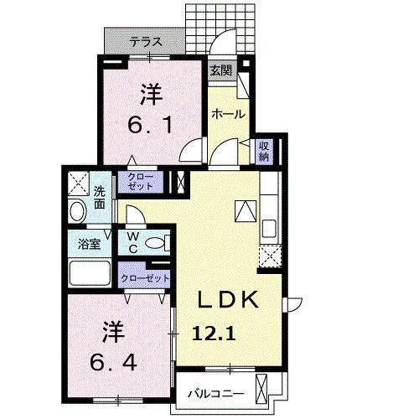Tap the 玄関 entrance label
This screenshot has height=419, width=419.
(220, 71)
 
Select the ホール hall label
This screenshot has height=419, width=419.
(228, 113)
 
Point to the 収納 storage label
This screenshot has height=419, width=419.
(264, 150)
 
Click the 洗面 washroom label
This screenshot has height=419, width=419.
(100, 196)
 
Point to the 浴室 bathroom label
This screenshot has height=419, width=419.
(89, 245)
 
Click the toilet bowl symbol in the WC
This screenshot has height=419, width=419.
(155, 244)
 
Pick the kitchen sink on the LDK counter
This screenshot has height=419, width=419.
(269, 227)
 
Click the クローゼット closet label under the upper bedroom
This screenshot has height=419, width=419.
(142, 182)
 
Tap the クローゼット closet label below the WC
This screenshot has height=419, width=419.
(145, 278)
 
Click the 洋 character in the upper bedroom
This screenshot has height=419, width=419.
(151, 92)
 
